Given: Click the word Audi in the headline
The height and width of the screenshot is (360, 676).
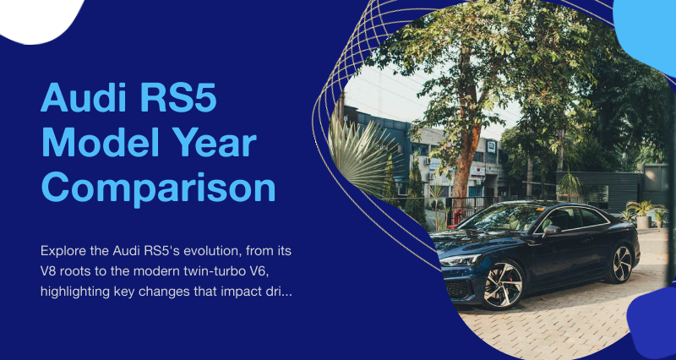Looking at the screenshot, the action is [x=84, y=97].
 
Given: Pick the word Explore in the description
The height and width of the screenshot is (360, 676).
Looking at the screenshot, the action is [x=59, y=251].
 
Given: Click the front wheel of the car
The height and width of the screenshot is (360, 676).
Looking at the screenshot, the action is [x=504, y=284].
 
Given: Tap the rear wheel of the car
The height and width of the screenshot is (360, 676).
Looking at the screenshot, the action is [x=621, y=264].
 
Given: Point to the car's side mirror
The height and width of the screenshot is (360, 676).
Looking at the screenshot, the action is [x=551, y=230].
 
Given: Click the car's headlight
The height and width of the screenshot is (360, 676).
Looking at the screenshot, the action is [x=459, y=260].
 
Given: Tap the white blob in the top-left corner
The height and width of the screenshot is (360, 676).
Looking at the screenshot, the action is [x=39, y=19].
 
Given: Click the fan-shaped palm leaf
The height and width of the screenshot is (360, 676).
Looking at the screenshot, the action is [x=362, y=155].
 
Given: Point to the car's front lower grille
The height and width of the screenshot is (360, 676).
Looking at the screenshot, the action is [x=458, y=287].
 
